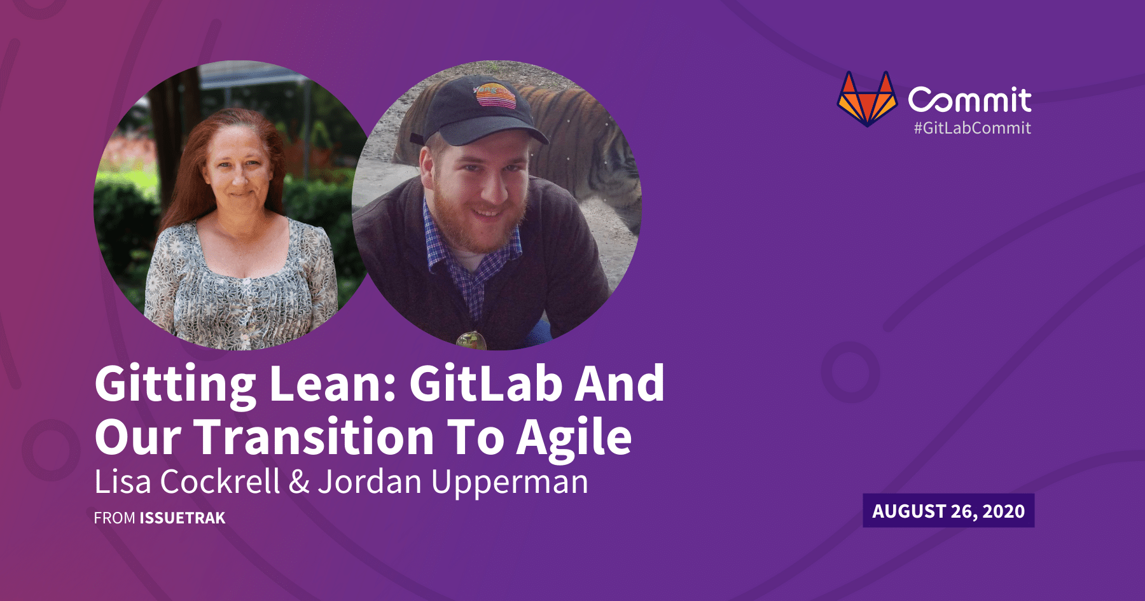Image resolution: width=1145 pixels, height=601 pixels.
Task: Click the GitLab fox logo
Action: point(867,99)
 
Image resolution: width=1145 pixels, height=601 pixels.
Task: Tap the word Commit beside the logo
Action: point(969,100)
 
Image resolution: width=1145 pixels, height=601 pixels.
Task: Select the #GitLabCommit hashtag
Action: point(972,128)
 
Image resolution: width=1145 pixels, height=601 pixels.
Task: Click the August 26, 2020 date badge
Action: point(948,511)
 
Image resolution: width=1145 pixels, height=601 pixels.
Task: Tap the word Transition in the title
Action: point(314,437)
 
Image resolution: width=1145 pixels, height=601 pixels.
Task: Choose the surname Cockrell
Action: point(220,481)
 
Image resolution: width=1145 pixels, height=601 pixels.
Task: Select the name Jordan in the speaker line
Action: point(370,481)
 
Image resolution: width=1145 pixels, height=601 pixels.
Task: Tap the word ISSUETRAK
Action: point(183,518)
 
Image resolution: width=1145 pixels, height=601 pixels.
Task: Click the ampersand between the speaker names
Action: point(299,482)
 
